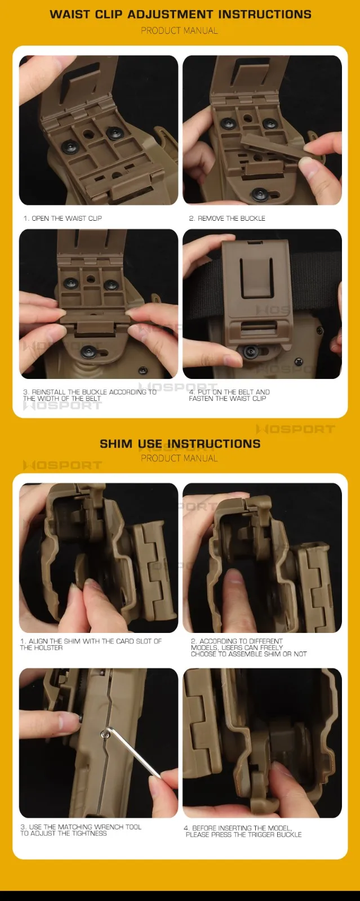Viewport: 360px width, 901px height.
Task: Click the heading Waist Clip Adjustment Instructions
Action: click(x=180, y=15)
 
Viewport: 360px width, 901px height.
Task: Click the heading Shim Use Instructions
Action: click(x=180, y=444)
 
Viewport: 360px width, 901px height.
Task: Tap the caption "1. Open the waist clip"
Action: click(x=63, y=218)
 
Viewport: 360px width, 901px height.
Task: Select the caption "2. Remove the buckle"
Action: click(x=227, y=218)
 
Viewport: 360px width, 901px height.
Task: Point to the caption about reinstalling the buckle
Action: click(x=90, y=395)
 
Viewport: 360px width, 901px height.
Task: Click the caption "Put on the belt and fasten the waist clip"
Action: click(x=229, y=395)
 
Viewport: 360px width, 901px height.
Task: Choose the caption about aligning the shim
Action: click(x=91, y=644)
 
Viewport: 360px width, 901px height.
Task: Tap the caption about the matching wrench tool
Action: click(x=81, y=830)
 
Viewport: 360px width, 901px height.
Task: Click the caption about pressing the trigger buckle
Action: click(x=243, y=831)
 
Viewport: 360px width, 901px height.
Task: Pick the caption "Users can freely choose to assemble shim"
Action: click(x=248, y=648)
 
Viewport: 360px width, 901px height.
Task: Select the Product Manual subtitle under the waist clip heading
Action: click(x=179, y=30)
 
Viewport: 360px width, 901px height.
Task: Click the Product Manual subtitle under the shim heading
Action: click(x=179, y=458)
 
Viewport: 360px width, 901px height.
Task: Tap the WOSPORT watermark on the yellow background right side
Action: click(x=296, y=429)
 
